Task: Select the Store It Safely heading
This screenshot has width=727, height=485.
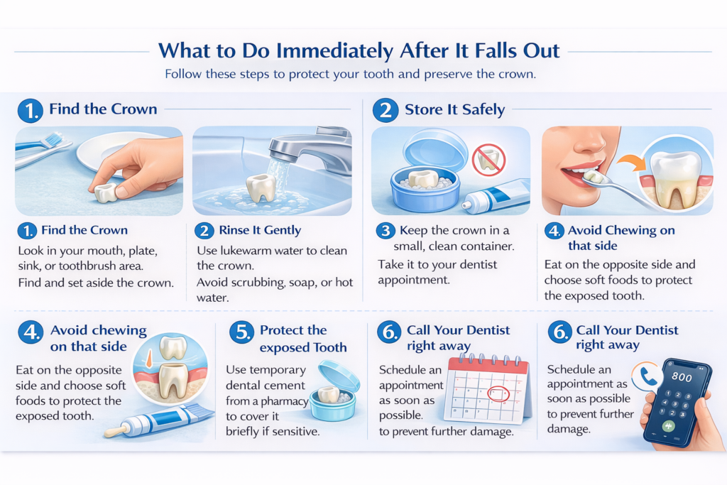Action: [455, 109]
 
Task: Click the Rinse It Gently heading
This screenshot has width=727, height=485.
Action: [260, 230]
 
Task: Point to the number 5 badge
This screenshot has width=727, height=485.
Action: [241, 332]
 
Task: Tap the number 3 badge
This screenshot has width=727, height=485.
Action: [386, 231]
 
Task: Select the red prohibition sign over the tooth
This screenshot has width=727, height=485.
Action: [488, 159]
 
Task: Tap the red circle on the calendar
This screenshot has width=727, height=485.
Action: [499, 393]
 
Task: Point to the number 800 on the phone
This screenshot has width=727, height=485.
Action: [682, 377]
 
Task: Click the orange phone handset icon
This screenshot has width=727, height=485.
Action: [648, 376]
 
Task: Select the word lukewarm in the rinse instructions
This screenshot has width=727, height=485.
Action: [246, 251]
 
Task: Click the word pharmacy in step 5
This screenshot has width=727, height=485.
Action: [284, 401]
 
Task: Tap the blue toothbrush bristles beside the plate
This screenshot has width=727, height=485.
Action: [52, 138]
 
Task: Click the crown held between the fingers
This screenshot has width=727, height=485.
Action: [106, 192]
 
